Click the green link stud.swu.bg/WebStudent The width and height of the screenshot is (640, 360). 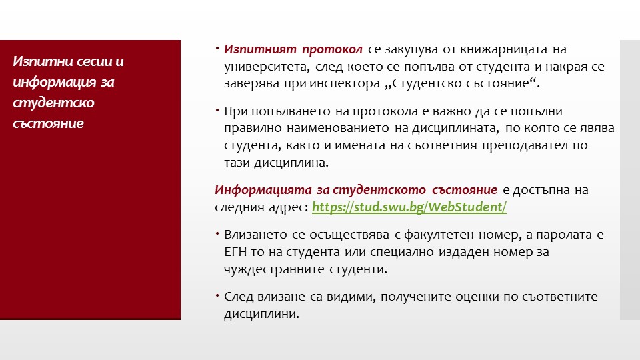pyautogui.click(x=409, y=207)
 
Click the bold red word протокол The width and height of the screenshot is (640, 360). pyautogui.click(x=332, y=49)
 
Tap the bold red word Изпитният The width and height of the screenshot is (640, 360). pyautogui.click(x=260, y=49)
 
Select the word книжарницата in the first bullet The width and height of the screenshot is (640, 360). pyautogui.click(x=503, y=49)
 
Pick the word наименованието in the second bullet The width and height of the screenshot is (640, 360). pyautogui.click(x=337, y=128)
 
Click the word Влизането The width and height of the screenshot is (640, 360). pyautogui.click(x=255, y=235)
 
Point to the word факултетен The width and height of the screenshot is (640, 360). pyautogui.click(x=439, y=235)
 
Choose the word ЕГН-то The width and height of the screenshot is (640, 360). pyautogui.click(x=245, y=252)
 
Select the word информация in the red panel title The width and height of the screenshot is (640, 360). pyautogui.click(x=54, y=82)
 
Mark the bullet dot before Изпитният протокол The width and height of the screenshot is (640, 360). pyautogui.click(x=217, y=49)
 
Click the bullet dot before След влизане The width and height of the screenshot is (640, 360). pyautogui.click(x=217, y=295)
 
